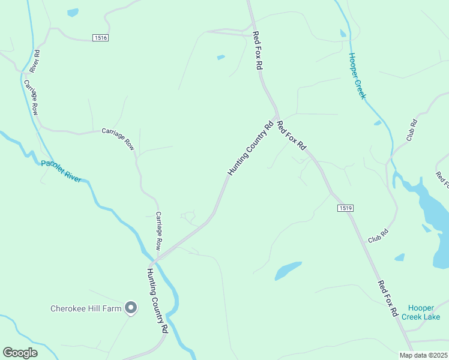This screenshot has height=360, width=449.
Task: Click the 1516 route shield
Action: point(101,38)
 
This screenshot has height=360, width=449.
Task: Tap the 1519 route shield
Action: point(345,208)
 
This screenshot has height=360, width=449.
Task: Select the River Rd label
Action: point(36,61)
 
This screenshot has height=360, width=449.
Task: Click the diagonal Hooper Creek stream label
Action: point(358,76)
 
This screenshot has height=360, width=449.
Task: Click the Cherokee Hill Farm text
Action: point(86,309)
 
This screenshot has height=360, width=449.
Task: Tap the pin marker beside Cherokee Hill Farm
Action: point(131,308)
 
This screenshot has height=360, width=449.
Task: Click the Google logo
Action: point(20,353)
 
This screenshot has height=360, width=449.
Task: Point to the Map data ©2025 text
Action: point(423,355)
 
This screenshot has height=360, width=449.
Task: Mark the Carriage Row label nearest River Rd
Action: point(31,97)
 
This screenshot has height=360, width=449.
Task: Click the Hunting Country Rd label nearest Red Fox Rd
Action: point(251,148)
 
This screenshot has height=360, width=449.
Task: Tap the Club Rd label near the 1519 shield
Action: point(378,235)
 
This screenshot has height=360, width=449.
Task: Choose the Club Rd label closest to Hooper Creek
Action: point(412,130)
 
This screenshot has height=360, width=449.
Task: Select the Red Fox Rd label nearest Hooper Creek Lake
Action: point(388,298)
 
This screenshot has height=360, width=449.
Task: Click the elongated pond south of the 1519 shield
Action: point(288,271)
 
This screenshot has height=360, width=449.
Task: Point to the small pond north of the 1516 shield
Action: point(73,13)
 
